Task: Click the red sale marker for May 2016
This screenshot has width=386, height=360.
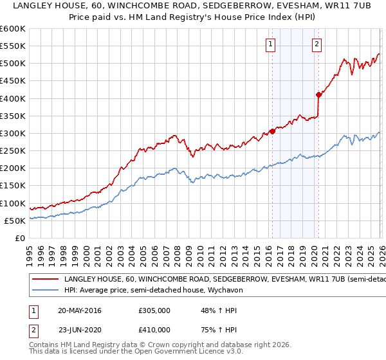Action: pos(272,131)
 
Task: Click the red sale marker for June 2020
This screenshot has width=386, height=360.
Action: pos(318,94)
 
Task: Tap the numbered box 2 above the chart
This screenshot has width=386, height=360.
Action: pos(317,44)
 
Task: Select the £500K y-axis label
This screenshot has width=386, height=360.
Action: pos(12,64)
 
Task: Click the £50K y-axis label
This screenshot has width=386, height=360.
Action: pos(15,221)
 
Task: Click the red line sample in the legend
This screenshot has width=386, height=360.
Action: pos(45,280)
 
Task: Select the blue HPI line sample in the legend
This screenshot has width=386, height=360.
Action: pos(45,291)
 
